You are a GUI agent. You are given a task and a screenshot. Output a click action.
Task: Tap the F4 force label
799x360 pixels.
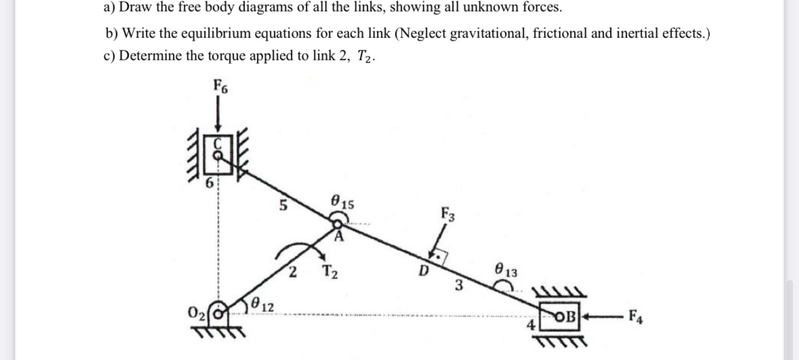pyautogui.click(x=637, y=315)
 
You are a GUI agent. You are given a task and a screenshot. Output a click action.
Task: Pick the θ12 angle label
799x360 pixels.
pyautogui.click(x=262, y=303)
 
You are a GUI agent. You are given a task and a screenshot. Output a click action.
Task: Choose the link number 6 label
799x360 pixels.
pyautogui.click(x=209, y=183)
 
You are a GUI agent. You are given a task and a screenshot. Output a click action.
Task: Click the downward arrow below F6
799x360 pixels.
pyautogui.click(x=218, y=115)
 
